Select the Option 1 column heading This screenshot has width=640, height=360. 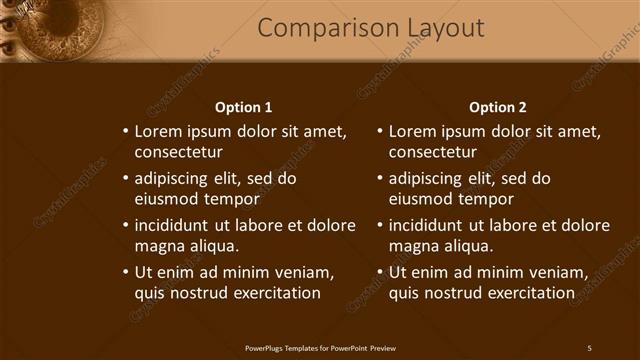(x=244, y=107)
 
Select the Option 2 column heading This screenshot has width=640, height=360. (x=497, y=107)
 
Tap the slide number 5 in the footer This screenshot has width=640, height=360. (x=589, y=348)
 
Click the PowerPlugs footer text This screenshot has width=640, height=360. (x=320, y=348)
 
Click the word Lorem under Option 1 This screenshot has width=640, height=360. (x=158, y=131)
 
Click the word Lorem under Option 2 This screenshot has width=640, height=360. (x=412, y=131)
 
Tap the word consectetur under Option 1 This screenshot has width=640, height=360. (x=179, y=152)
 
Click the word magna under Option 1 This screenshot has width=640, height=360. (x=157, y=246)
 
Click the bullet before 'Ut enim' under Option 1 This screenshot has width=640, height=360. (x=125, y=272)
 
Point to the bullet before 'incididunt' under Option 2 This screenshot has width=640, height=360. (x=379, y=225)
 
